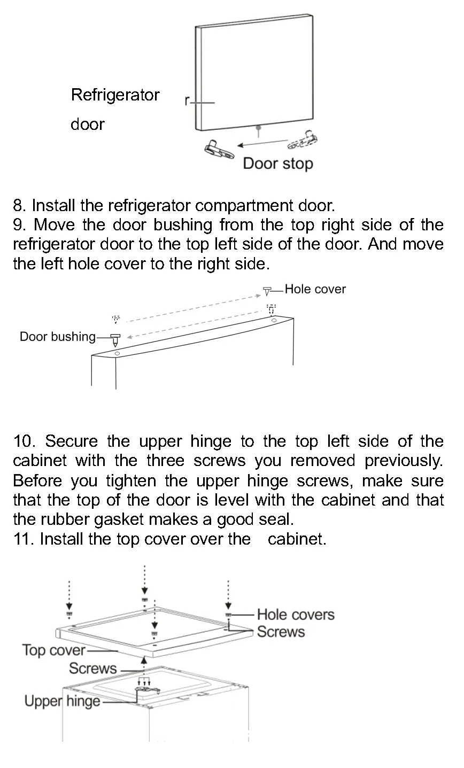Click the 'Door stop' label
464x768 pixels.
tap(277, 164)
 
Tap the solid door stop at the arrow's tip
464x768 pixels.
tap(219, 149)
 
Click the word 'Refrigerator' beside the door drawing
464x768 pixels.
tap(115, 95)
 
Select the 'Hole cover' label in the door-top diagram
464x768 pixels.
tap(315, 289)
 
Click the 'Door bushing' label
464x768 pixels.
tap(57, 337)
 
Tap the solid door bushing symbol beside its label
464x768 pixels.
tap(115, 339)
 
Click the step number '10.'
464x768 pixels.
tap(25, 441)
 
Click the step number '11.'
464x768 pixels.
tap(24, 539)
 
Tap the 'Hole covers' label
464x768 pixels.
tap(296, 615)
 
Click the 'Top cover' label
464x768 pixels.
tap(53, 650)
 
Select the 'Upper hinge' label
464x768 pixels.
tap(62, 701)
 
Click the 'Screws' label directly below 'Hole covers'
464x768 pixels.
tap(281, 632)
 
